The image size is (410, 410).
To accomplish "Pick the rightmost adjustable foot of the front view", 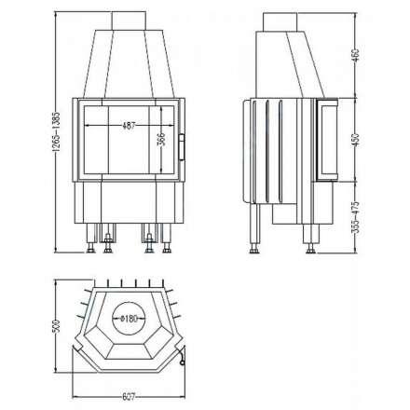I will pos(168,244).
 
